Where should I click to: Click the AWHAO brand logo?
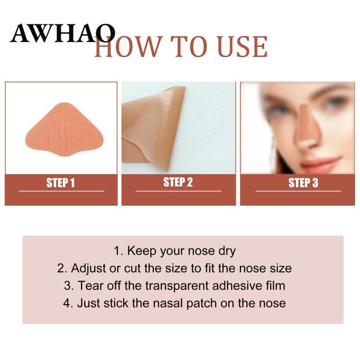pos(63,33)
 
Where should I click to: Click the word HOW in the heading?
pos(127,47)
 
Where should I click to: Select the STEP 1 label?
pos(61,183)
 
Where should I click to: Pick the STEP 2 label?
pos(178,182)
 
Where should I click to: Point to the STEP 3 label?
pos(303,183)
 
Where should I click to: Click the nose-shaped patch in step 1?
pos(64,130)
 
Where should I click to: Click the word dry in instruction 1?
pos(227,251)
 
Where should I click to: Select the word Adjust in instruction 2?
pos(88,268)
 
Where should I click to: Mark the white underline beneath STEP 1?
pos(61,191)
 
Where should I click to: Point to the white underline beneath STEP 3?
pos(298,191)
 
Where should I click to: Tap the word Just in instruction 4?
pos(89,303)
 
